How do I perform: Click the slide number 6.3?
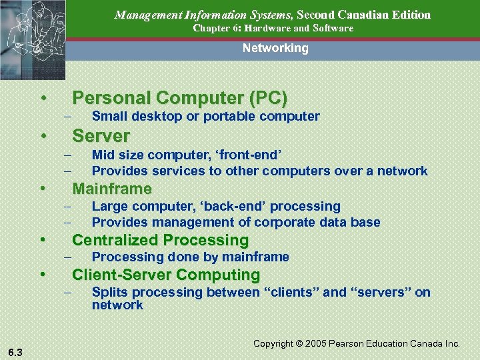click(14, 352)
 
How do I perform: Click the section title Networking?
click(275, 48)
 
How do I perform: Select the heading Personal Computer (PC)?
click(180, 99)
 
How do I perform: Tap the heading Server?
click(101, 136)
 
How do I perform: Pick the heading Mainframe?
click(112, 188)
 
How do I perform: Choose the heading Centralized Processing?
click(160, 240)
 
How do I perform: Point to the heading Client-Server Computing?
click(166, 275)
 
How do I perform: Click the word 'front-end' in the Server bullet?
click(251, 155)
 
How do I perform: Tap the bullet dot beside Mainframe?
click(42, 188)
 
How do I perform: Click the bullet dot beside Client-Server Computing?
click(42, 275)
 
